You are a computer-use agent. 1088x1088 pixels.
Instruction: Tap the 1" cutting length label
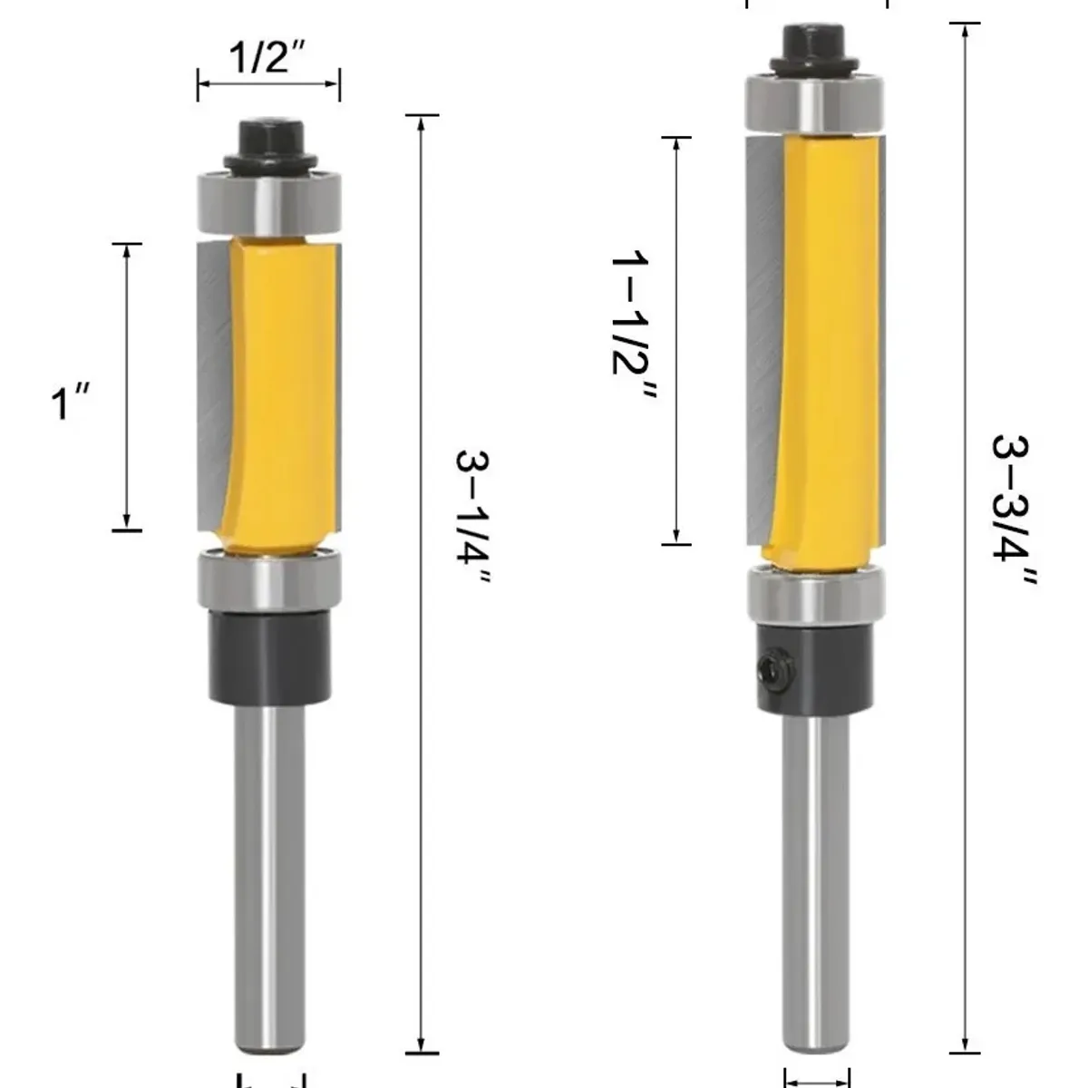71,402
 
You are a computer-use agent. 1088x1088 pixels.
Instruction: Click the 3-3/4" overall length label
1013,510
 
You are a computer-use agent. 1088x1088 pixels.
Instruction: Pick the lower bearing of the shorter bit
269,579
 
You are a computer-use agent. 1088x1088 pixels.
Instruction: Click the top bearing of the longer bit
815,103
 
